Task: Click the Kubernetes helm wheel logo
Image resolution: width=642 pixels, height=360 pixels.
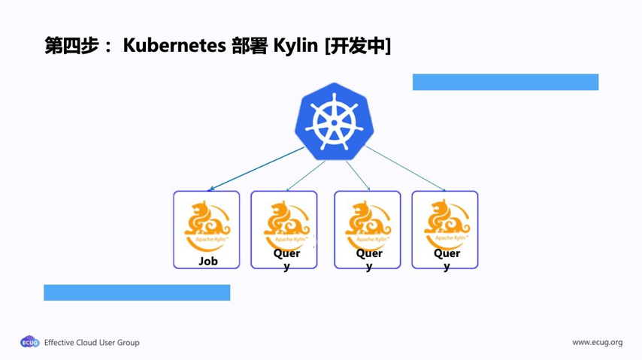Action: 334,122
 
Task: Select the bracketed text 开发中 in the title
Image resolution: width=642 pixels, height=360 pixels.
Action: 357,46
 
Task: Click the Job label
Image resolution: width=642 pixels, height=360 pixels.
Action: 207,261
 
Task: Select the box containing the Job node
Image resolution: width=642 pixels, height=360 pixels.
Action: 207,229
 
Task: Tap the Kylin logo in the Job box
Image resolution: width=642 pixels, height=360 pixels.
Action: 207,224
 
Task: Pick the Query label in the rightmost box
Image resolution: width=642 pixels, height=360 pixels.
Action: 447,259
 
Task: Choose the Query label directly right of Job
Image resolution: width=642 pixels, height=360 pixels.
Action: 286,259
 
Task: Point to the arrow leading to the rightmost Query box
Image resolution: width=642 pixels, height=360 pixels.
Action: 406,169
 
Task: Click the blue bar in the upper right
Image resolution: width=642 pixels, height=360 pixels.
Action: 505,82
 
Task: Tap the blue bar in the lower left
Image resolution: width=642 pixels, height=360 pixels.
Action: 137,292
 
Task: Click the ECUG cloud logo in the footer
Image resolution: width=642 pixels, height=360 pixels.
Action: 30,342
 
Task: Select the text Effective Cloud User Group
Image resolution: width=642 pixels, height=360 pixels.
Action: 92,343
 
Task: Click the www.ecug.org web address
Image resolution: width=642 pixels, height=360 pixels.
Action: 597,343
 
